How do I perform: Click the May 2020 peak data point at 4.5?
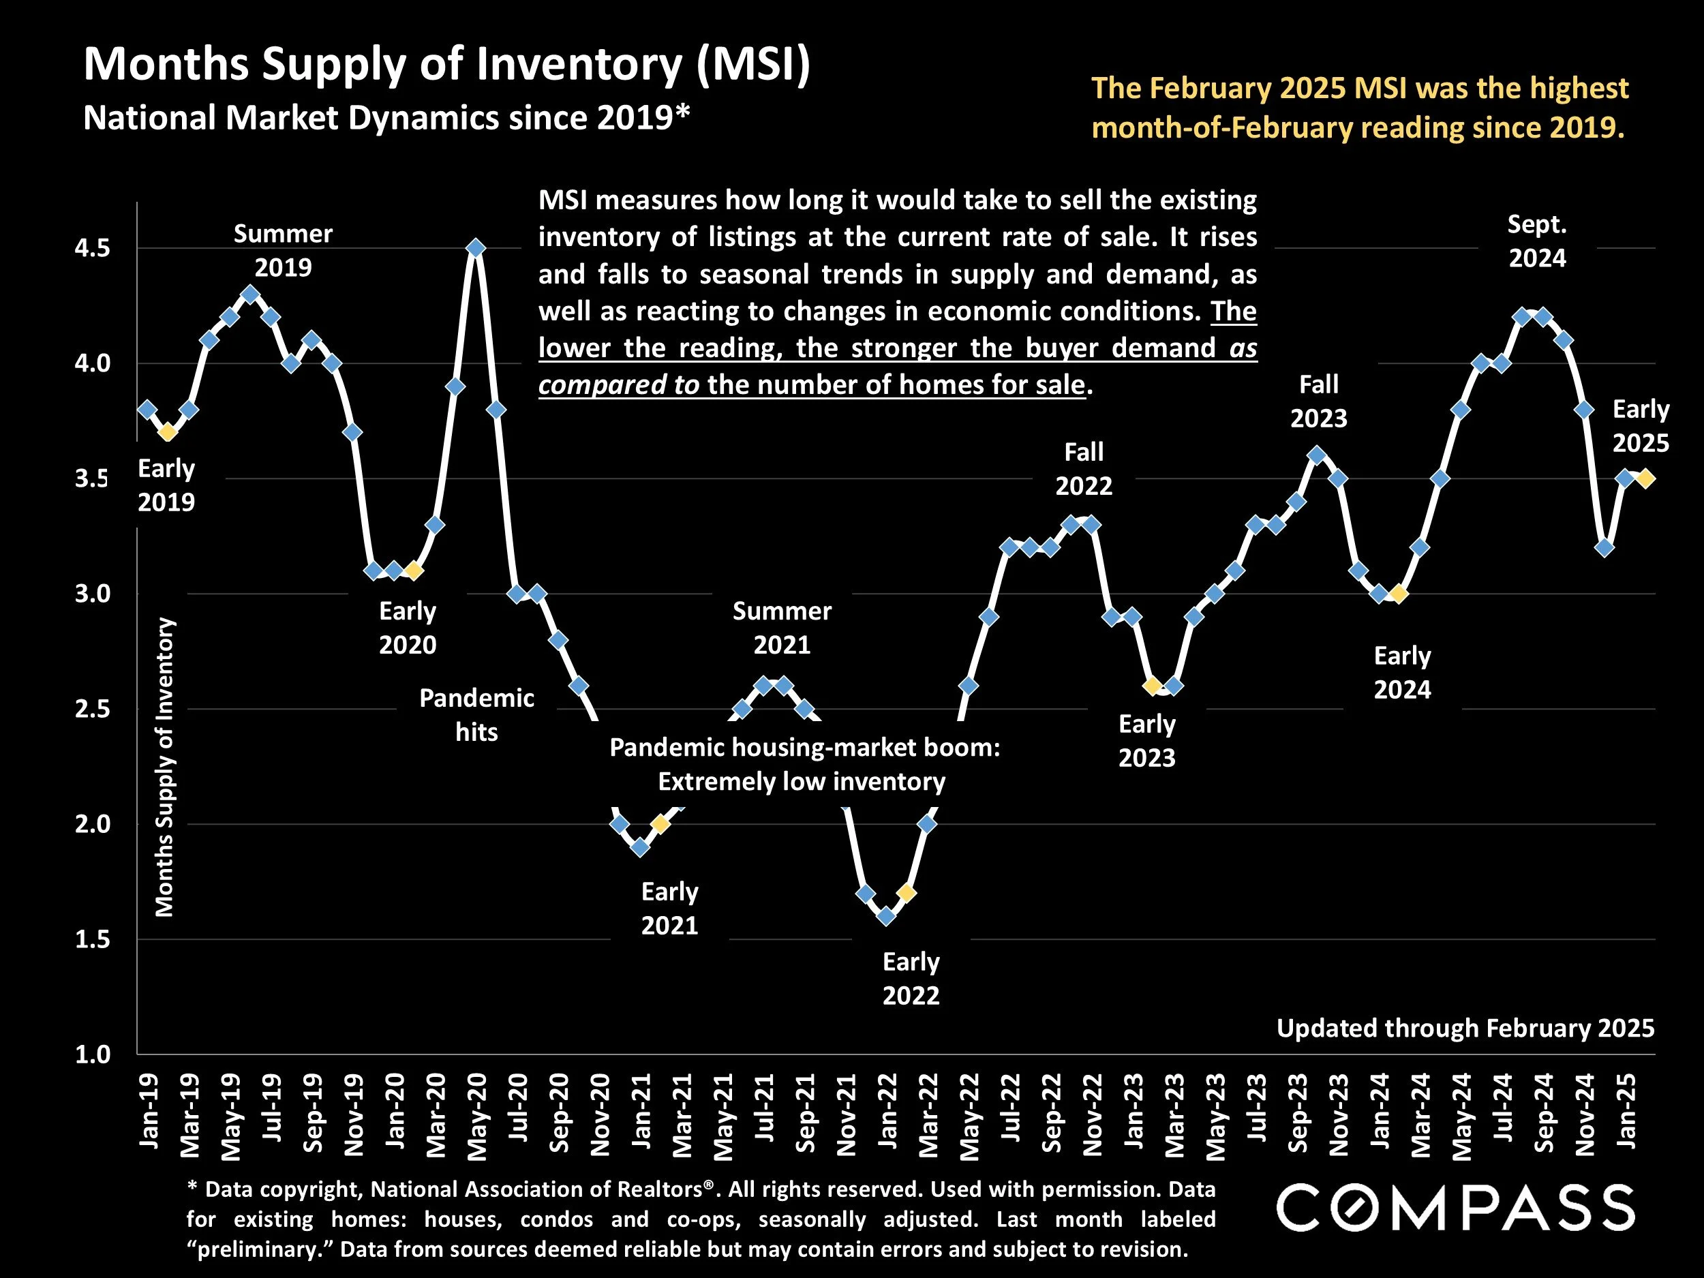pyautogui.click(x=476, y=248)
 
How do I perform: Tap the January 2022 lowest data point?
pyautogui.click(x=886, y=916)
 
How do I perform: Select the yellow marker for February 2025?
pyautogui.click(x=1645, y=478)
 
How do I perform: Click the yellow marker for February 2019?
pyautogui.click(x=168, y=432)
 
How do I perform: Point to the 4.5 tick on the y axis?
pyautogui.click(x=93, y=249)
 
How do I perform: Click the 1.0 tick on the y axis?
pyautogui.click(x=93, y=1054)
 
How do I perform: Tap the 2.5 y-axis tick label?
pyautogui.click(x=93, y=709)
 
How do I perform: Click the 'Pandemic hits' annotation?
pyautogui.click(x=476, y=715)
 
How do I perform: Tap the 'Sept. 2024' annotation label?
pyautogui.click(x=1537, y=241)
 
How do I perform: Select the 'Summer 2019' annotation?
pyautogui.click(x=283, y=250)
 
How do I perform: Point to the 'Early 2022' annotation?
pyautogui.click(x=911, y=978)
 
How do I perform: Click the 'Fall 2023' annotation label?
pyautogui.click(x=1319, y=401)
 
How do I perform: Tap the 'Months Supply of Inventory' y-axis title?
pyautogui.click(x=165, y=767)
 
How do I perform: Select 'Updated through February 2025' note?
pyautogui.click(x=1465, y=1028)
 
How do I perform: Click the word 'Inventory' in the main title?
pyautogui.click(x=579, y=64)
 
